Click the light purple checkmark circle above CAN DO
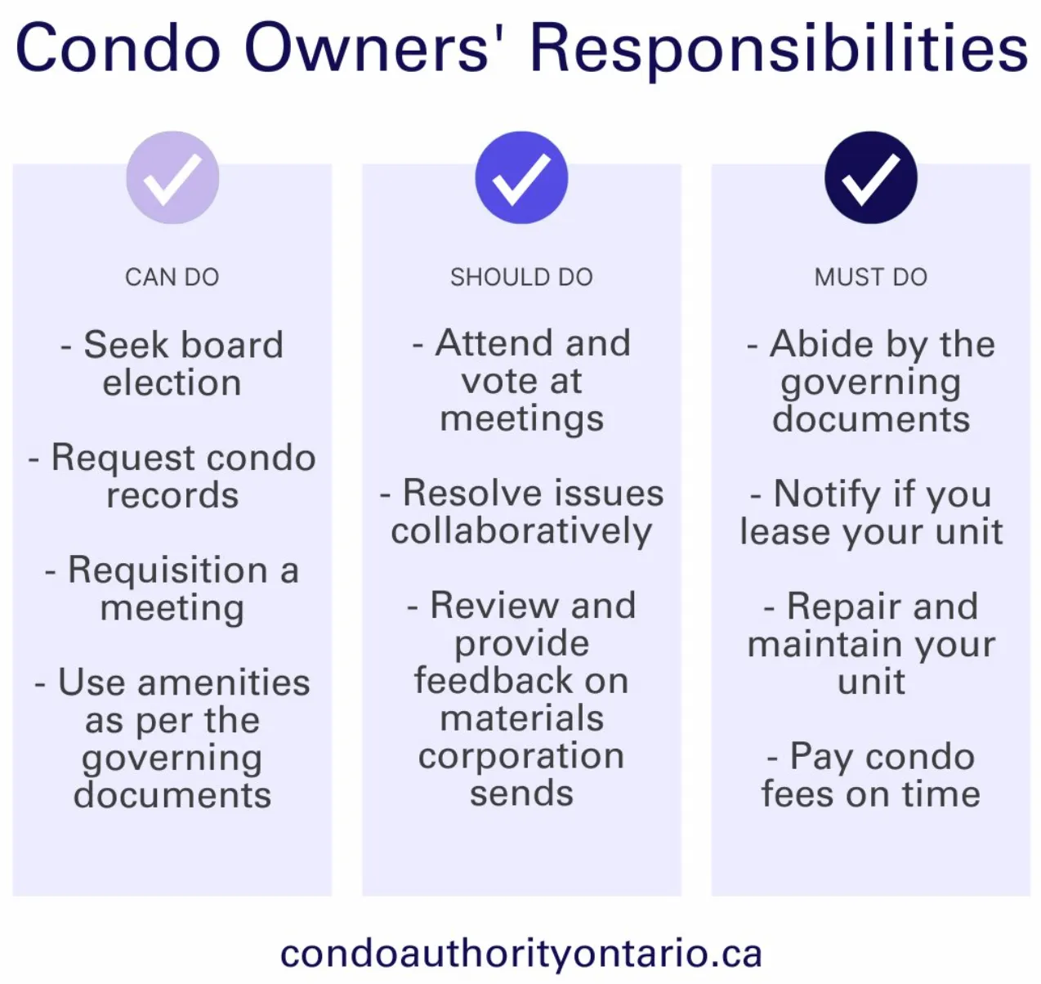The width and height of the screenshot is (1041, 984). [172, 177]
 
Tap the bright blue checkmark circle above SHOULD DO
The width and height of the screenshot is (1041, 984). [521, 177]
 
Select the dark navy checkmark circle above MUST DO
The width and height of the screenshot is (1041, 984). [871, 177]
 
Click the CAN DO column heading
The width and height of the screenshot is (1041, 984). [172, 277]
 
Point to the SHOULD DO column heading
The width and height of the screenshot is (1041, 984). [521, 277]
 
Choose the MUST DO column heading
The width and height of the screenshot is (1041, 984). [871, 277]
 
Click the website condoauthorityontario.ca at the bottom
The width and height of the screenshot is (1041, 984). [521, 954]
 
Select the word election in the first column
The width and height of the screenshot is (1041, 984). [172, 382]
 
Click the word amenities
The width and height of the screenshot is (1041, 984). [224, 683]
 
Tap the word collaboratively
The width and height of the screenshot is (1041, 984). [521, 531]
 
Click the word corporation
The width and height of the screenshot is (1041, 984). [521, 758]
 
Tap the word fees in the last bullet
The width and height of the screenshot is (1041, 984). [798, 794]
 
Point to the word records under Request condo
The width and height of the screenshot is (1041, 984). [172, 495]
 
